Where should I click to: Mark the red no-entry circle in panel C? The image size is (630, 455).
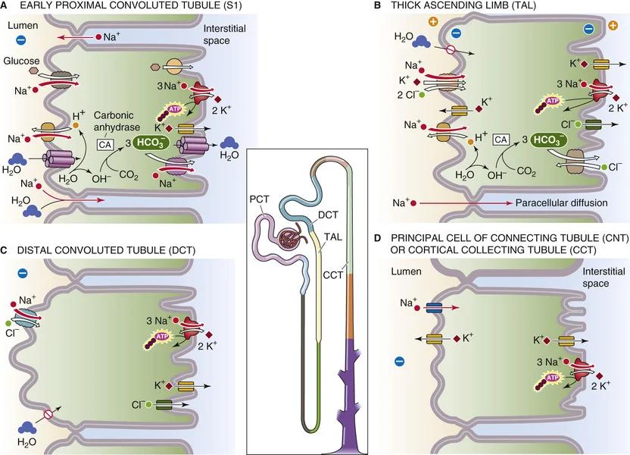(48, 416)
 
